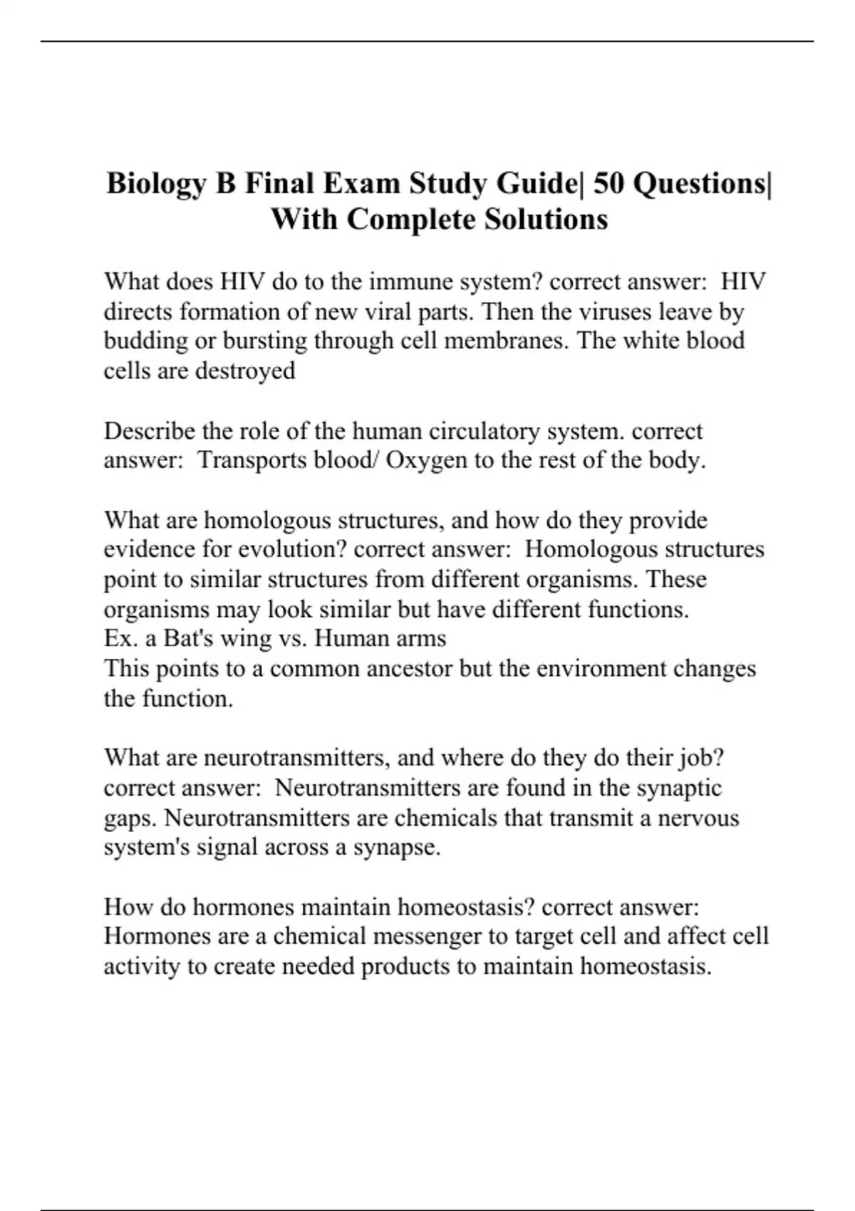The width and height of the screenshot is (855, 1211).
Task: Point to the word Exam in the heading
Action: (x=362, y=184)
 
